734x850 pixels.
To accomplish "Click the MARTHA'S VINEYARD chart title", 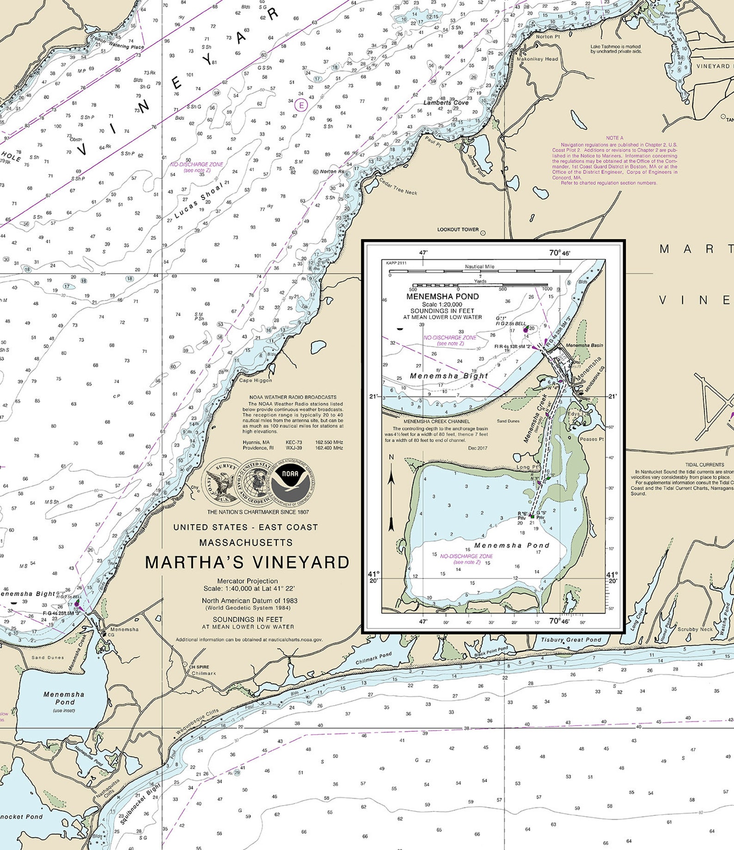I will (247, 562).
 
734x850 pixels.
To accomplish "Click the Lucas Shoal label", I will (199, 200).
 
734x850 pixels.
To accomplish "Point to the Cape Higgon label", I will (255, 381).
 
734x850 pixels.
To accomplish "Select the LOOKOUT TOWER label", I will (458, 229).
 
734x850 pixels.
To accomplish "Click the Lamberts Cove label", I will (446, 103).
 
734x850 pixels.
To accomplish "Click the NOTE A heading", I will (615, 138).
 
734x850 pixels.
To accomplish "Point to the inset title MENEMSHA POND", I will (442, 296).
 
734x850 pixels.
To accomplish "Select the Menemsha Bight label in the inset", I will (449, 376).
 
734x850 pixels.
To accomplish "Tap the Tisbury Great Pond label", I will (571, 640).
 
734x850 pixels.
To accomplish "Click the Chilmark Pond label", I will (373, 658).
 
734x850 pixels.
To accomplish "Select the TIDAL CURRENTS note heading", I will (704, 465).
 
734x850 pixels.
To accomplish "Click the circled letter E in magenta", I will (301, 105).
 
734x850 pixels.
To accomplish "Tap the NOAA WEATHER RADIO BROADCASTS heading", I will (293, 397).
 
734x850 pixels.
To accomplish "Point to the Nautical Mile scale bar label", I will (479, 266).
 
